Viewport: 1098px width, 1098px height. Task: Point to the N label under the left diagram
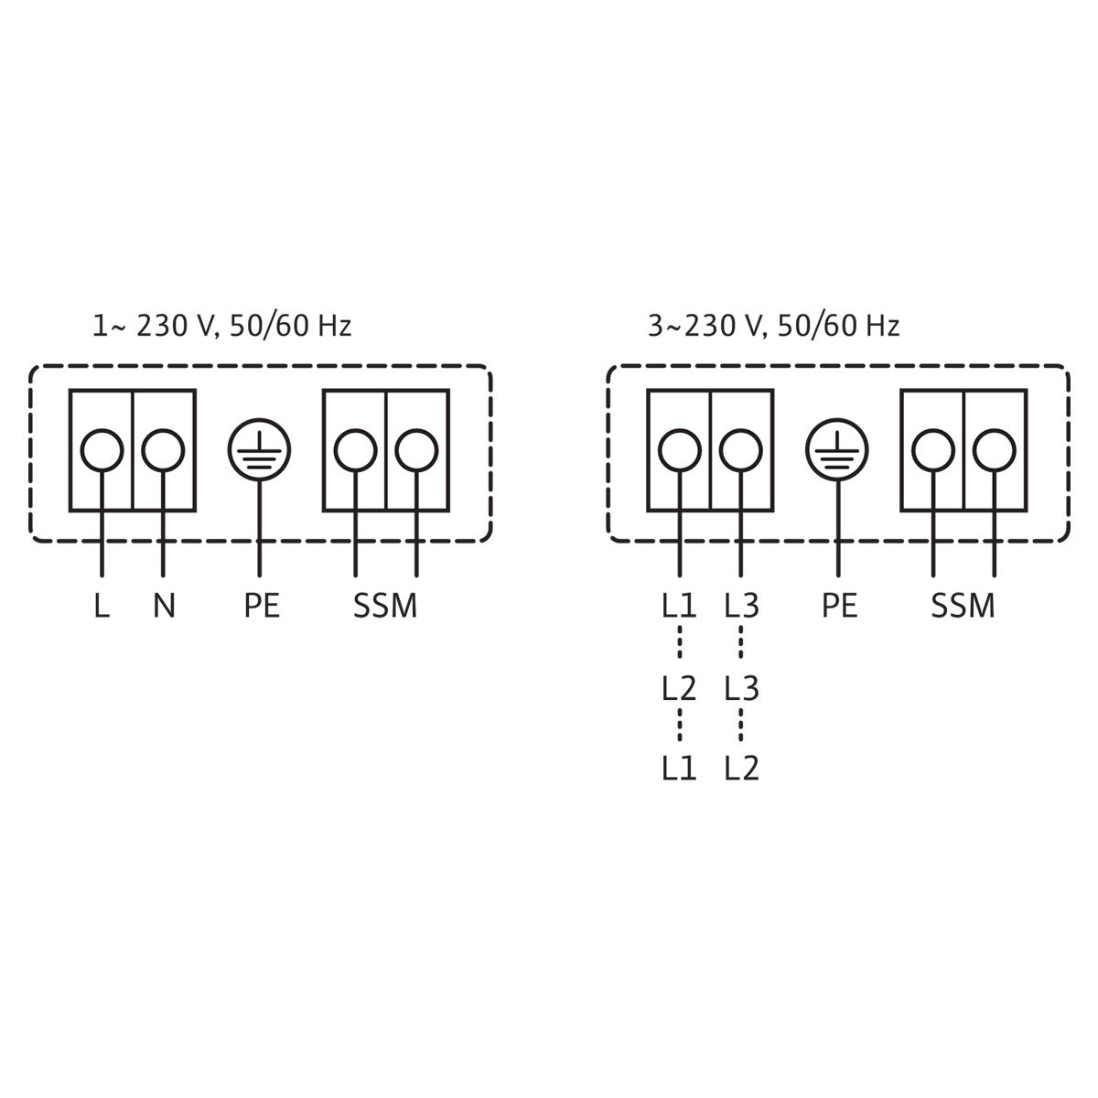pyautogui.click(x=164, y=606)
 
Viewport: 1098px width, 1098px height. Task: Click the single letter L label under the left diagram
pyautogui.click(x=102, y=606)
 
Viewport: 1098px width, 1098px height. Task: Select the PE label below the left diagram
pyautogui.click(x=262, y=606)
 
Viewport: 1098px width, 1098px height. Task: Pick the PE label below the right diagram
pyautogui.click(x=839, y=606)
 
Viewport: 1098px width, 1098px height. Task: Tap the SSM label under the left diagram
pyautogui.click(x=385, y=606)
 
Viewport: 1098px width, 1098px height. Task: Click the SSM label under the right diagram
pyautogui.click(x=963, y=606)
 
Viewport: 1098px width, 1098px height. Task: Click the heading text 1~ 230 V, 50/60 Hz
pyautogui.click(x=221, y=326)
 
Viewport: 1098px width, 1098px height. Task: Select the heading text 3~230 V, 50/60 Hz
pyautogui.click(x=774, y=326)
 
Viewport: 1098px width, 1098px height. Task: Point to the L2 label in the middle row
pyautogui.click(x=679, y=688)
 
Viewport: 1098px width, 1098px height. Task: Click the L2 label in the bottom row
pyautogui.click(x=741, y=768)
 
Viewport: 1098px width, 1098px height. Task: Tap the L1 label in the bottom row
pyautogui.click(x=679, y=768)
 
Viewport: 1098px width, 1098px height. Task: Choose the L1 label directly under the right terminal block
pyautogui.click(x=679, y=606)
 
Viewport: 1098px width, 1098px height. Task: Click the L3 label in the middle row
pyautogui.click(x=741, y=688)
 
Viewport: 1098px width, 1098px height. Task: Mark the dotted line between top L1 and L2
pyautogui.click(x=680, y=642)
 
